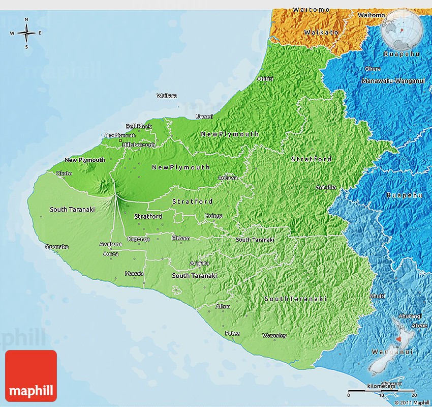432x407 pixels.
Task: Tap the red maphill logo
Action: point(31,376)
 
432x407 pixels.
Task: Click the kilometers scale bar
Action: point(381,391)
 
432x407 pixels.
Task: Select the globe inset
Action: point(402,29)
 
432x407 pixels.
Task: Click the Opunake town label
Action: point(56,247)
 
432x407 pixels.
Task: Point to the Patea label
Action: point(232,333)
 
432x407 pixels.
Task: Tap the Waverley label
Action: point(274,335)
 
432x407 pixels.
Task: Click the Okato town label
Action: point(64,173)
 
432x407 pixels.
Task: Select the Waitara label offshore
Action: point(167,96)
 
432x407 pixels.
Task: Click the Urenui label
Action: point(204,117)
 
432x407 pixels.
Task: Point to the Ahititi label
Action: point(265,78)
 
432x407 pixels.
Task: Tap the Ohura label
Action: point(373,69)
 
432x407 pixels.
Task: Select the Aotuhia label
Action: point(326,187)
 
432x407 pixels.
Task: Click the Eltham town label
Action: point(181,238)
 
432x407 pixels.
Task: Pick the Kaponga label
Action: point(138,239)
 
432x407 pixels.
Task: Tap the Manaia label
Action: point(134,273)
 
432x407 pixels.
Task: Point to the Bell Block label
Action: point(139,126)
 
